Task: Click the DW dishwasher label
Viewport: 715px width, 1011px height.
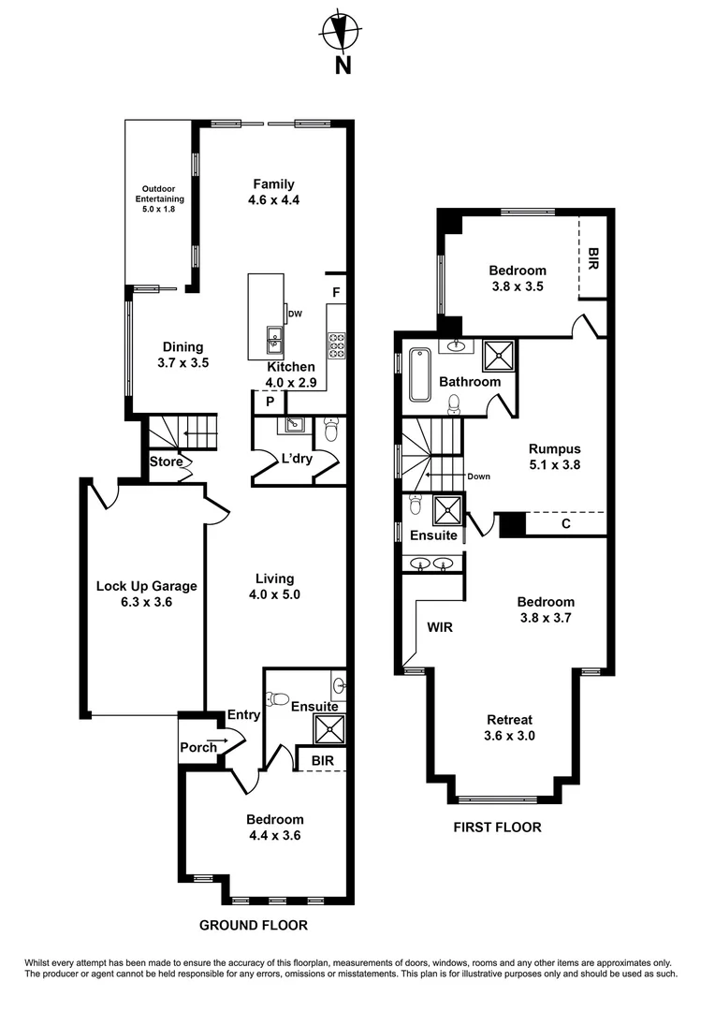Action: [x=296, y=314]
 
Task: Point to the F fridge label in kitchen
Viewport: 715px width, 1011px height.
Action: [x=335, y=293]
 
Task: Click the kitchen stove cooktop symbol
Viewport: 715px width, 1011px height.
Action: [x=336, y=345]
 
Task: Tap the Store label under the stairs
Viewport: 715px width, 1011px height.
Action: [x=167, y=462]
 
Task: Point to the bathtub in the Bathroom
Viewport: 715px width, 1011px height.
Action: [x=418, y=373]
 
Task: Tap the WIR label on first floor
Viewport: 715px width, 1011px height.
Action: [x=440, y=627]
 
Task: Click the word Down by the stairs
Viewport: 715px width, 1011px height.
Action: [x=479, y=476]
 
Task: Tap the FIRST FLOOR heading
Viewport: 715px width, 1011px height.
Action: [x=497, y=828]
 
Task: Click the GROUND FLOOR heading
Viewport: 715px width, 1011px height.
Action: [x=254, y=925]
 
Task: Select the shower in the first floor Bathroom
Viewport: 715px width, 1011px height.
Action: [x=499, y=355]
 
